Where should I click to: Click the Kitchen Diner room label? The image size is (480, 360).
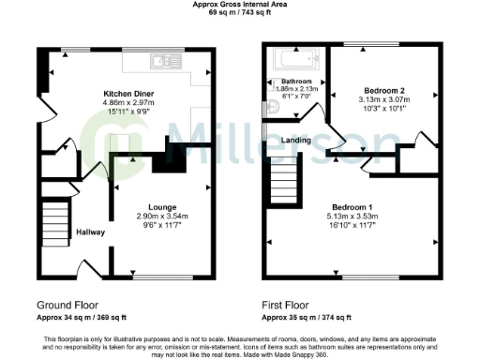pyautogui.click(x=128, y=94)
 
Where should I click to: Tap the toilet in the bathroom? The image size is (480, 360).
pyautogui.click(x=273, y=107)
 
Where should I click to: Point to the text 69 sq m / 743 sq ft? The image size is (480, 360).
pyautogui.click(x=240, y=14)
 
